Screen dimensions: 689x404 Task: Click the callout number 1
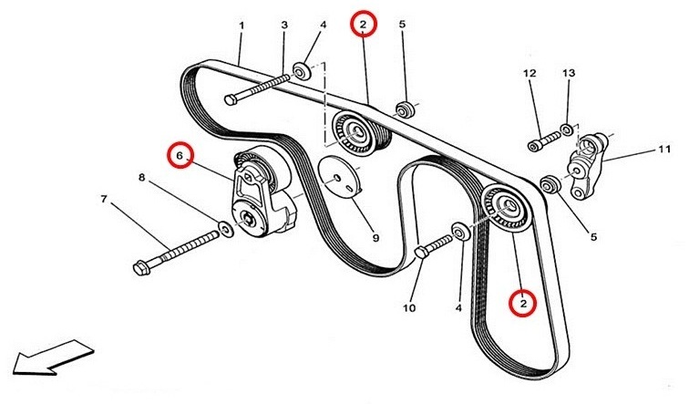coord(242,26)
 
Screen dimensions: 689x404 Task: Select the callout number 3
coord(284,25)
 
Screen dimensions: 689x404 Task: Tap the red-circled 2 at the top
coord(364,25)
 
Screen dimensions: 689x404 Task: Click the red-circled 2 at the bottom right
coord(523,304)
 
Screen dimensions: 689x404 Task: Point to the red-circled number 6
coord(180,155)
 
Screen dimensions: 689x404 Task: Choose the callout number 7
coord(104,199)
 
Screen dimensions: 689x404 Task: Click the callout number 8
coord(141,178)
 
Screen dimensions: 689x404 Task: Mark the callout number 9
coord(375,238)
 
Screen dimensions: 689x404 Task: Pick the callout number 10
coord(409,307)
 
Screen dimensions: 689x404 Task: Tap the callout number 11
coord(664,150)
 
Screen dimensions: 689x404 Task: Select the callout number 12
coord(530,73)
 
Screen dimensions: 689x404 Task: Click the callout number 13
coord(569,73)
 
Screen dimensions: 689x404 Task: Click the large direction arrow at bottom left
coord(54,357)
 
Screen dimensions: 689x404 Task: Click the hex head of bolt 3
coord(231,99)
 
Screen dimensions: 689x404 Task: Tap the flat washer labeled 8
coord(226,228)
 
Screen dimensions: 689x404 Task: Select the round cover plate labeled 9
coord(340,177)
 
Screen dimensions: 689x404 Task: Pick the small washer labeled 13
coord(567,129)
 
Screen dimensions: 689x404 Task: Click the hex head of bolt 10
coord(422,253)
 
